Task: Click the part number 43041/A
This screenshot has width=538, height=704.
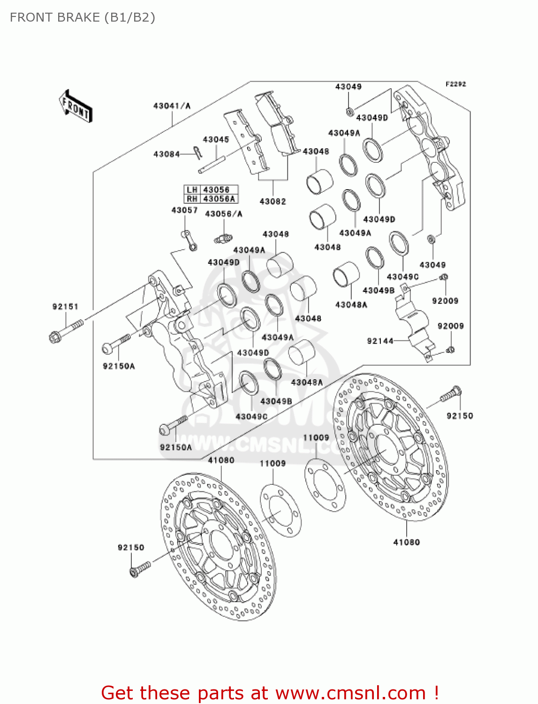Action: coord(172,106)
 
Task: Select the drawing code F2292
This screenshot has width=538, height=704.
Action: coord(455,84)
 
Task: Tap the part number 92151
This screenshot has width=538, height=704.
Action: coord(65,306)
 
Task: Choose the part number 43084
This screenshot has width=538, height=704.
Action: coord(167,154)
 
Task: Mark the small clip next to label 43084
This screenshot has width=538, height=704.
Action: coord(197,152)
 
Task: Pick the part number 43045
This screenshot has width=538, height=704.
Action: coord(216,139)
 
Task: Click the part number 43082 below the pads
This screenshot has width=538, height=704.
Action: coord(273,201)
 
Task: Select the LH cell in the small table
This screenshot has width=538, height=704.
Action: coord(192,190)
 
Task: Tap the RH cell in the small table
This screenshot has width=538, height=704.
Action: coord(192,199)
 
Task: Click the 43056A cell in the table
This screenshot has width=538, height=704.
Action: coord(219,199)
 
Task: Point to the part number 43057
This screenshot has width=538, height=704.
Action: coord(184,210)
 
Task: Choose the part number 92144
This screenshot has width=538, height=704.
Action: coord(380,341)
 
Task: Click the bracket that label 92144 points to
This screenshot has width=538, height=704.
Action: coord(413,324)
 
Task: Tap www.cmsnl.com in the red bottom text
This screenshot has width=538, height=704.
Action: coord(350,693)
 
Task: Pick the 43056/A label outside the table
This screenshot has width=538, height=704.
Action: coord(224,214)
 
